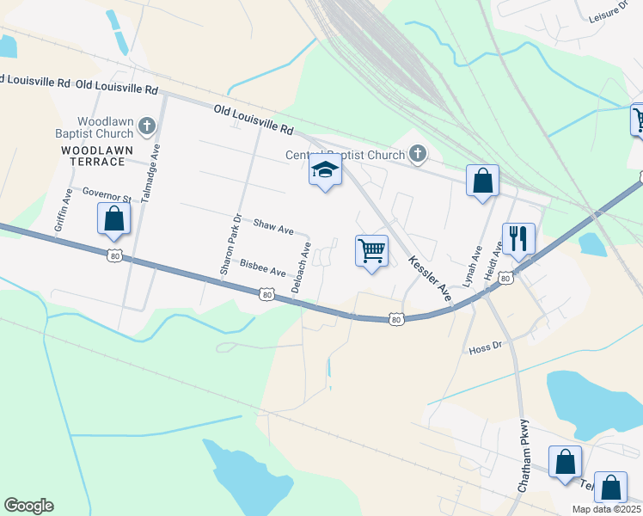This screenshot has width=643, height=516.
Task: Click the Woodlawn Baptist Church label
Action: tap(105, 127)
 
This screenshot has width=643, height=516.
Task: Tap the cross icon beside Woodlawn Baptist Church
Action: tap(146, 127)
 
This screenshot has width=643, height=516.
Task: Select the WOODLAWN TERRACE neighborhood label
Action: tap(96, 156)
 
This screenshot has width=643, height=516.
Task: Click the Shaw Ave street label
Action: tap(273, 226)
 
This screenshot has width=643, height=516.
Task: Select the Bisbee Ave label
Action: tap(262, 267)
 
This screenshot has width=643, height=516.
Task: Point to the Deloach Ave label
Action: tap(301, 267)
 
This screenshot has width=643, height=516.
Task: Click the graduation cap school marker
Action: tap(325, 169)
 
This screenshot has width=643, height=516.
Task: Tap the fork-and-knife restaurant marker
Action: tap(518, 237)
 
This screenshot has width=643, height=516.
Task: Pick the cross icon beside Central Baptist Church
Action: tap(418, 155)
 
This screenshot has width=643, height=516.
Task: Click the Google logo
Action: tap(28, 506)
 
